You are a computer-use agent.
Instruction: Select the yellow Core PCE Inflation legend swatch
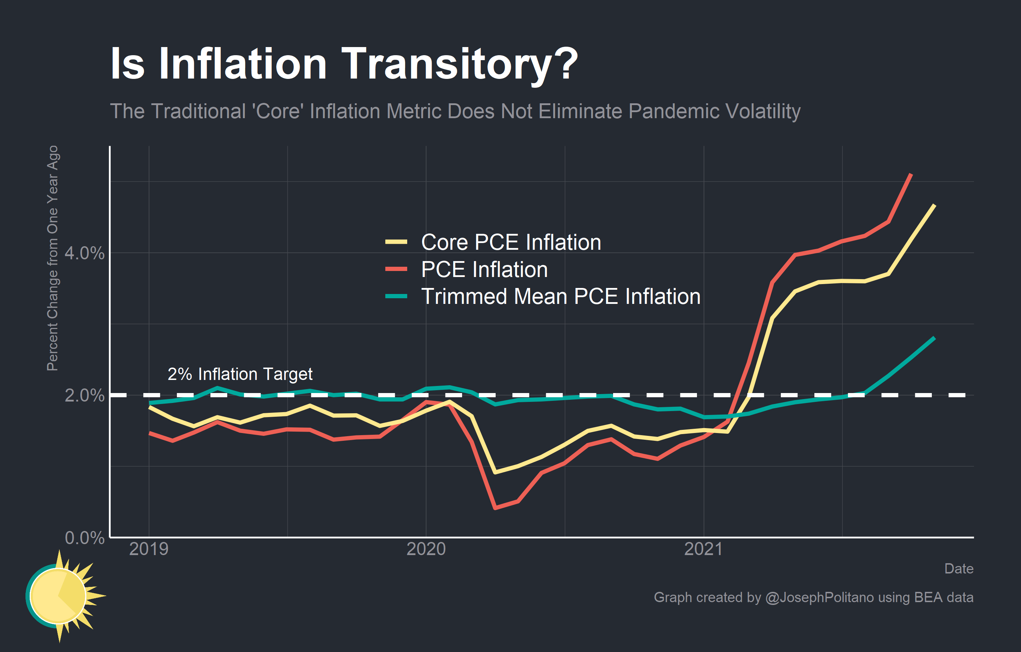(396, 242)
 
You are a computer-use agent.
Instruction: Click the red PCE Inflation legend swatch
(396, 269)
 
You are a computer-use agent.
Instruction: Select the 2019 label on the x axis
(149, 549)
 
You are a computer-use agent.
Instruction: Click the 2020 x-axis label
(426, 549)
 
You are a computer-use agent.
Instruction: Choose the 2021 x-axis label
(703, 549)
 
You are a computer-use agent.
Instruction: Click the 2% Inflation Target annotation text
(240, 374)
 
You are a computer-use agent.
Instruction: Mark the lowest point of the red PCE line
(495, 507)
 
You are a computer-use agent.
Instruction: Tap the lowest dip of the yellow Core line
(495, 472)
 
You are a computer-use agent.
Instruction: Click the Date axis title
(959, 569)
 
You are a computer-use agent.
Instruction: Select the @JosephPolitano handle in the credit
(819, 597)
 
